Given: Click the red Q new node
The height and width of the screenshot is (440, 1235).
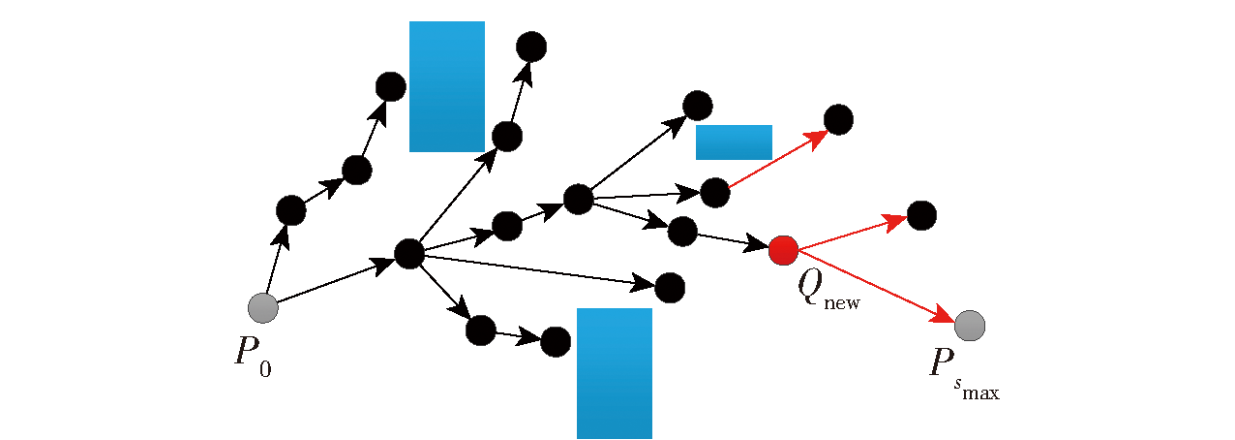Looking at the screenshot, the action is tap(783, 250).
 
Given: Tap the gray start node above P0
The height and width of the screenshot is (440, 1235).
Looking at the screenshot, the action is tap(263, 308).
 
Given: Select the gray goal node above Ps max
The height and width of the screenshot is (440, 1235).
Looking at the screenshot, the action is tap(970, 326).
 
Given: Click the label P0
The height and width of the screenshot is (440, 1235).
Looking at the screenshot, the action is tap(253, 358).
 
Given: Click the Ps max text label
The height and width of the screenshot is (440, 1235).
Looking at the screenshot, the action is tap(964, 374).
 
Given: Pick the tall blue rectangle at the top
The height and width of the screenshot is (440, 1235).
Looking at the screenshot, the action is tap(447, 86).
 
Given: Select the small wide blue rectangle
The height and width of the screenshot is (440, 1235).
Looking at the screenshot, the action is tap(734, 142).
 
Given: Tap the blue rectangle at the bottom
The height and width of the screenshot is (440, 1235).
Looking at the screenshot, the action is tap(615, 373).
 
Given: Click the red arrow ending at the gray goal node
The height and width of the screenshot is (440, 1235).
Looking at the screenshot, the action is tap(876, 286).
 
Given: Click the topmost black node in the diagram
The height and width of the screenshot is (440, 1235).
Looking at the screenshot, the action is tap(531, 47).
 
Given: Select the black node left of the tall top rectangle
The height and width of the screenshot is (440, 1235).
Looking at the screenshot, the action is tap(391, 86).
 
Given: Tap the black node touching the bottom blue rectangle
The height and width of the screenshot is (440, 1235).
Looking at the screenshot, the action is tap(556, 342).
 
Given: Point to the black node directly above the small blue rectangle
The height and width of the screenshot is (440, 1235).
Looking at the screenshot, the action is tap(698, 106).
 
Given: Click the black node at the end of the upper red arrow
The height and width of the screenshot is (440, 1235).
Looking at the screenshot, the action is tap(838, 119).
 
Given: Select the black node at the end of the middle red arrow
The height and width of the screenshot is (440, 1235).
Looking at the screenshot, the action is tap(921, 215).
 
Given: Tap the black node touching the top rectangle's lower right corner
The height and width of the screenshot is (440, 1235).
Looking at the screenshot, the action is tap(507, 137).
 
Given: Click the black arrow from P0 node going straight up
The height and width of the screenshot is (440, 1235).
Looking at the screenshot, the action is tap(278, 259).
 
